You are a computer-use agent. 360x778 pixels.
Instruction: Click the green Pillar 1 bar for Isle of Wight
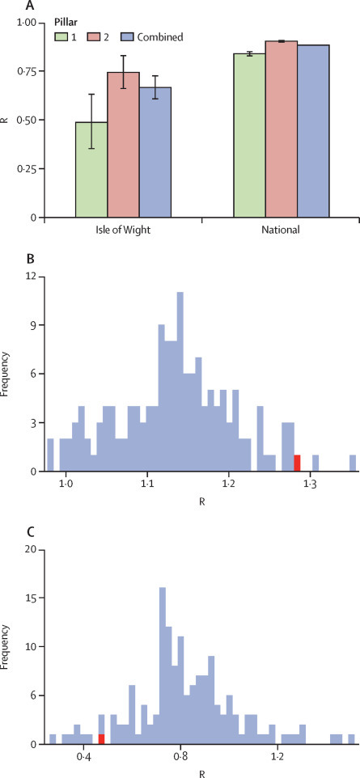click(91, 170)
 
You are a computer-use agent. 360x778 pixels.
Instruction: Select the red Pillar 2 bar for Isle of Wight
click(123, 146)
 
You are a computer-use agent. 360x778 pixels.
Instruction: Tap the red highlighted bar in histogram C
click(101, 738)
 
